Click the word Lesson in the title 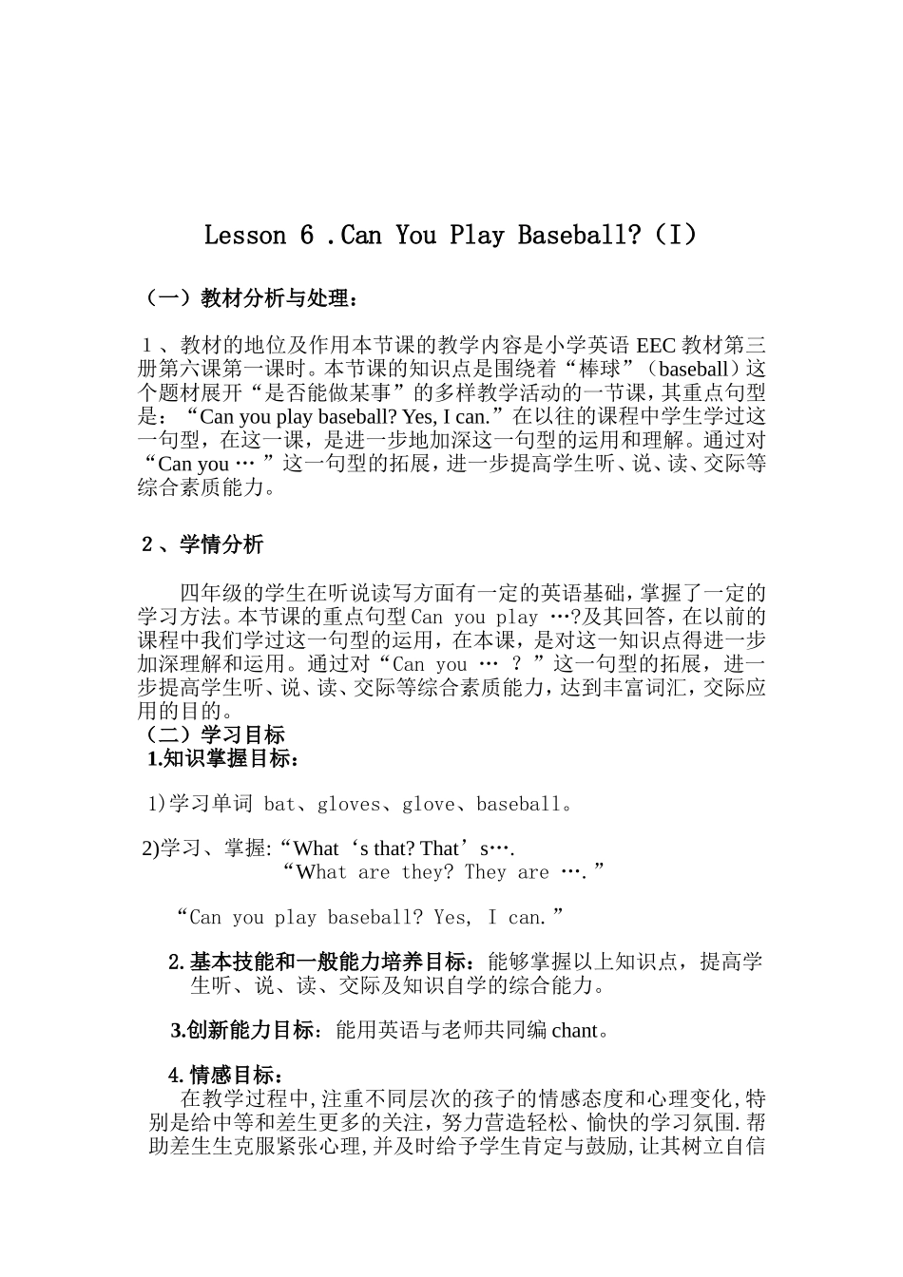[245, 235]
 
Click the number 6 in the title [306, 235]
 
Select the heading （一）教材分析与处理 [249, 298]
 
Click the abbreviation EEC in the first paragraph [655, 344]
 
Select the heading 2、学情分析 [202, 544]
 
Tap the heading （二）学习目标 [211, 734]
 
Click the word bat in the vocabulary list [279, 805]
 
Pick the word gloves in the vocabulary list [348, 805]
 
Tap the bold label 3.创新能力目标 [243, 1030]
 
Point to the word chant [574, 1030]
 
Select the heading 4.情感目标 [225, 1076]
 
